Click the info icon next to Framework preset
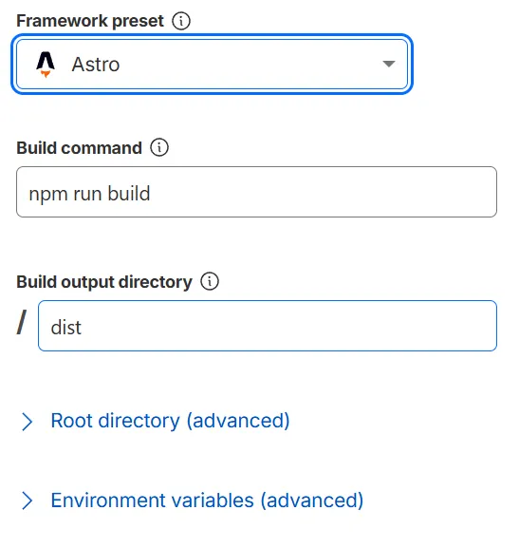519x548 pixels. tap(181, 21)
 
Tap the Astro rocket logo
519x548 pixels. tap(46, 65)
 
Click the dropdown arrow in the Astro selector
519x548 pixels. tap(388, 64)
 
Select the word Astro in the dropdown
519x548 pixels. tap(96, 65)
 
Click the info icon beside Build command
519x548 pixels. tap(159, 147)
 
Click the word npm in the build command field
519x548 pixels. tap(48, 195)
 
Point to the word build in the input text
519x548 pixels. tap(129, 193)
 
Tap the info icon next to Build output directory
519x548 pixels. tap(210, 281)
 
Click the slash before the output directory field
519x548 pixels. tap(22, 322)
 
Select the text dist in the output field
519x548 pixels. tap(66, 328)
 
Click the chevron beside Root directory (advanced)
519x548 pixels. tap(28, 422)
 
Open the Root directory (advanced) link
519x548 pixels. tap(170, 421)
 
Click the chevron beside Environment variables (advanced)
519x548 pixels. tap(28, 501)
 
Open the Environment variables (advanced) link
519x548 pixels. tap(207, 501)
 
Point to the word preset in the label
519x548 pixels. tap(138, 22)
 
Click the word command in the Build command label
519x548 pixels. tap(102, 148)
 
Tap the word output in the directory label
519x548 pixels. tap(88, 282)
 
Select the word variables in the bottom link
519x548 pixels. tap(213, 501)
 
